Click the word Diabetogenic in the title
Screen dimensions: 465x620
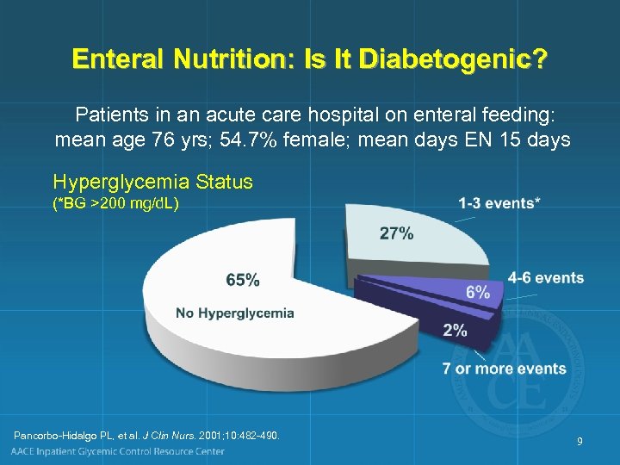453,59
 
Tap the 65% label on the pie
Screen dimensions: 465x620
243,280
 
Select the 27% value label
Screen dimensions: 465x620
396,233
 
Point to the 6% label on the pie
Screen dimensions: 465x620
478,292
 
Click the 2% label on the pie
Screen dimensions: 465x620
455,329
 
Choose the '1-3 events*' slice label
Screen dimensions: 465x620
499,203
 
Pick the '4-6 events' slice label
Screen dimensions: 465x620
545,277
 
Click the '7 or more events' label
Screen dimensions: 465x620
504,369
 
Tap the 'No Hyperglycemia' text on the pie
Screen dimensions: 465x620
235,313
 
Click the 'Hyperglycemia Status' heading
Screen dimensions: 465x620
152,182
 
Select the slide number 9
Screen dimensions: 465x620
580,442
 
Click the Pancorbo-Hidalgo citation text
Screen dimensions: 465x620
146,436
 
